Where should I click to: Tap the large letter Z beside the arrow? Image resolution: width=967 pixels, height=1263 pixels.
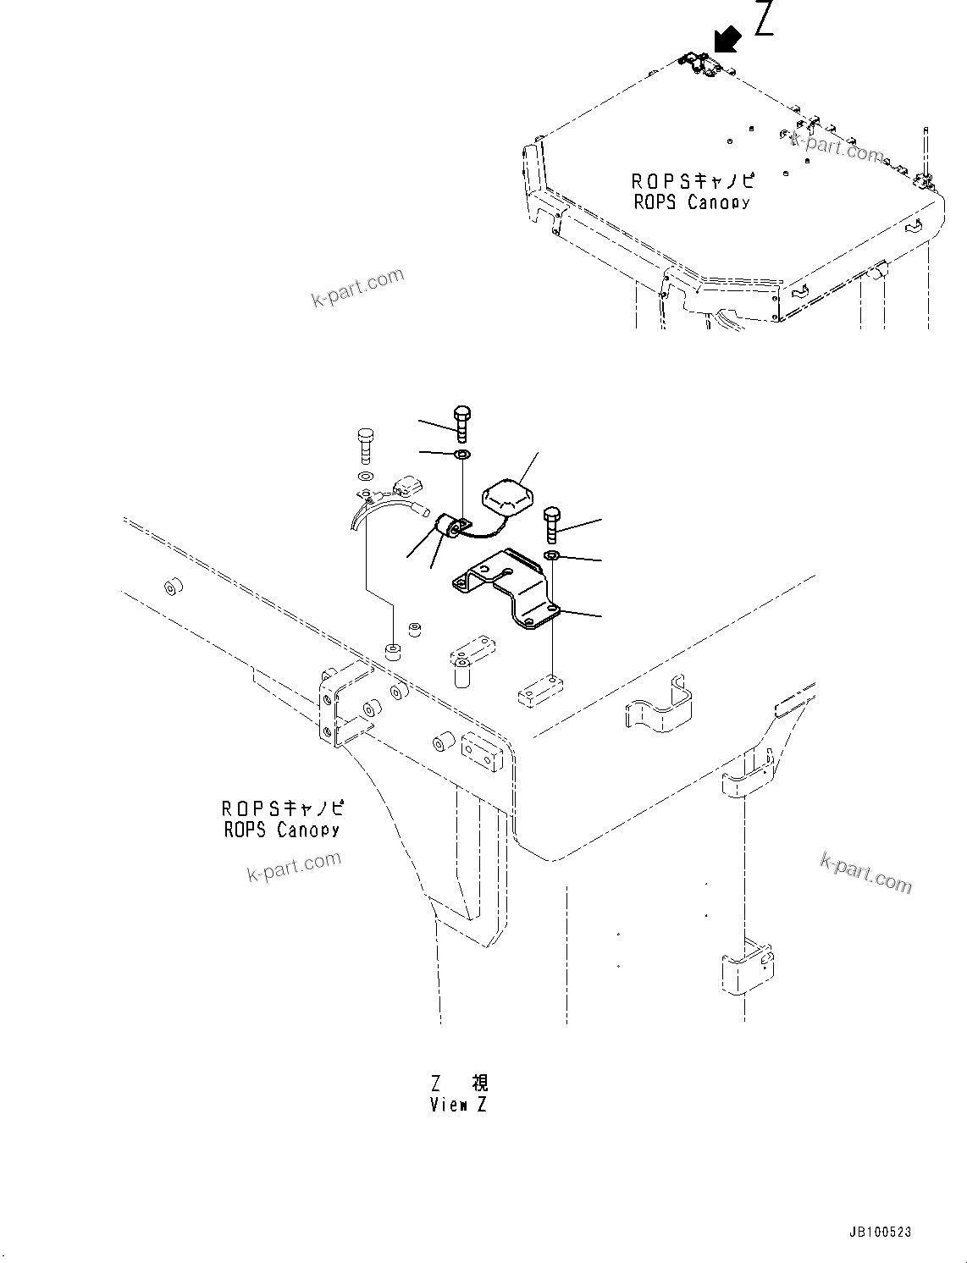click(x=764, y=19)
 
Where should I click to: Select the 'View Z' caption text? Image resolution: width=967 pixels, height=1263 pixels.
click(x=458, y=1105)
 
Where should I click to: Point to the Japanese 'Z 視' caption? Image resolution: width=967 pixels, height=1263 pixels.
click(x=459, y=1083)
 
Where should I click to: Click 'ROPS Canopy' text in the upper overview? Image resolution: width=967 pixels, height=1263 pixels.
click(x=692, y=202)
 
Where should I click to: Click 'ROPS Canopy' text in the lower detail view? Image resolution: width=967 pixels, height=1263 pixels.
click(x=282, y=830)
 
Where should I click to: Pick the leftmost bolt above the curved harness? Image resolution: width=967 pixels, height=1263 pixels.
click(x=365, y=444)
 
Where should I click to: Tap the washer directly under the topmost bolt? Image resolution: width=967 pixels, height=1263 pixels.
click(x=462, y=456)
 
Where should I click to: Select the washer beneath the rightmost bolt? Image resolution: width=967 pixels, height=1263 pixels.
click(x=551, y=555)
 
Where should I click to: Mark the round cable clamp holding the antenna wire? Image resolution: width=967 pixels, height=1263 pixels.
click(x=448, y=529)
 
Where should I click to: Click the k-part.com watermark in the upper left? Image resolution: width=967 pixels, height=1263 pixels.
click(x=357, y=288)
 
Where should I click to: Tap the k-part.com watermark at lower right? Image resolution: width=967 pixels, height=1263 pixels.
click(x=865, y=872)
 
